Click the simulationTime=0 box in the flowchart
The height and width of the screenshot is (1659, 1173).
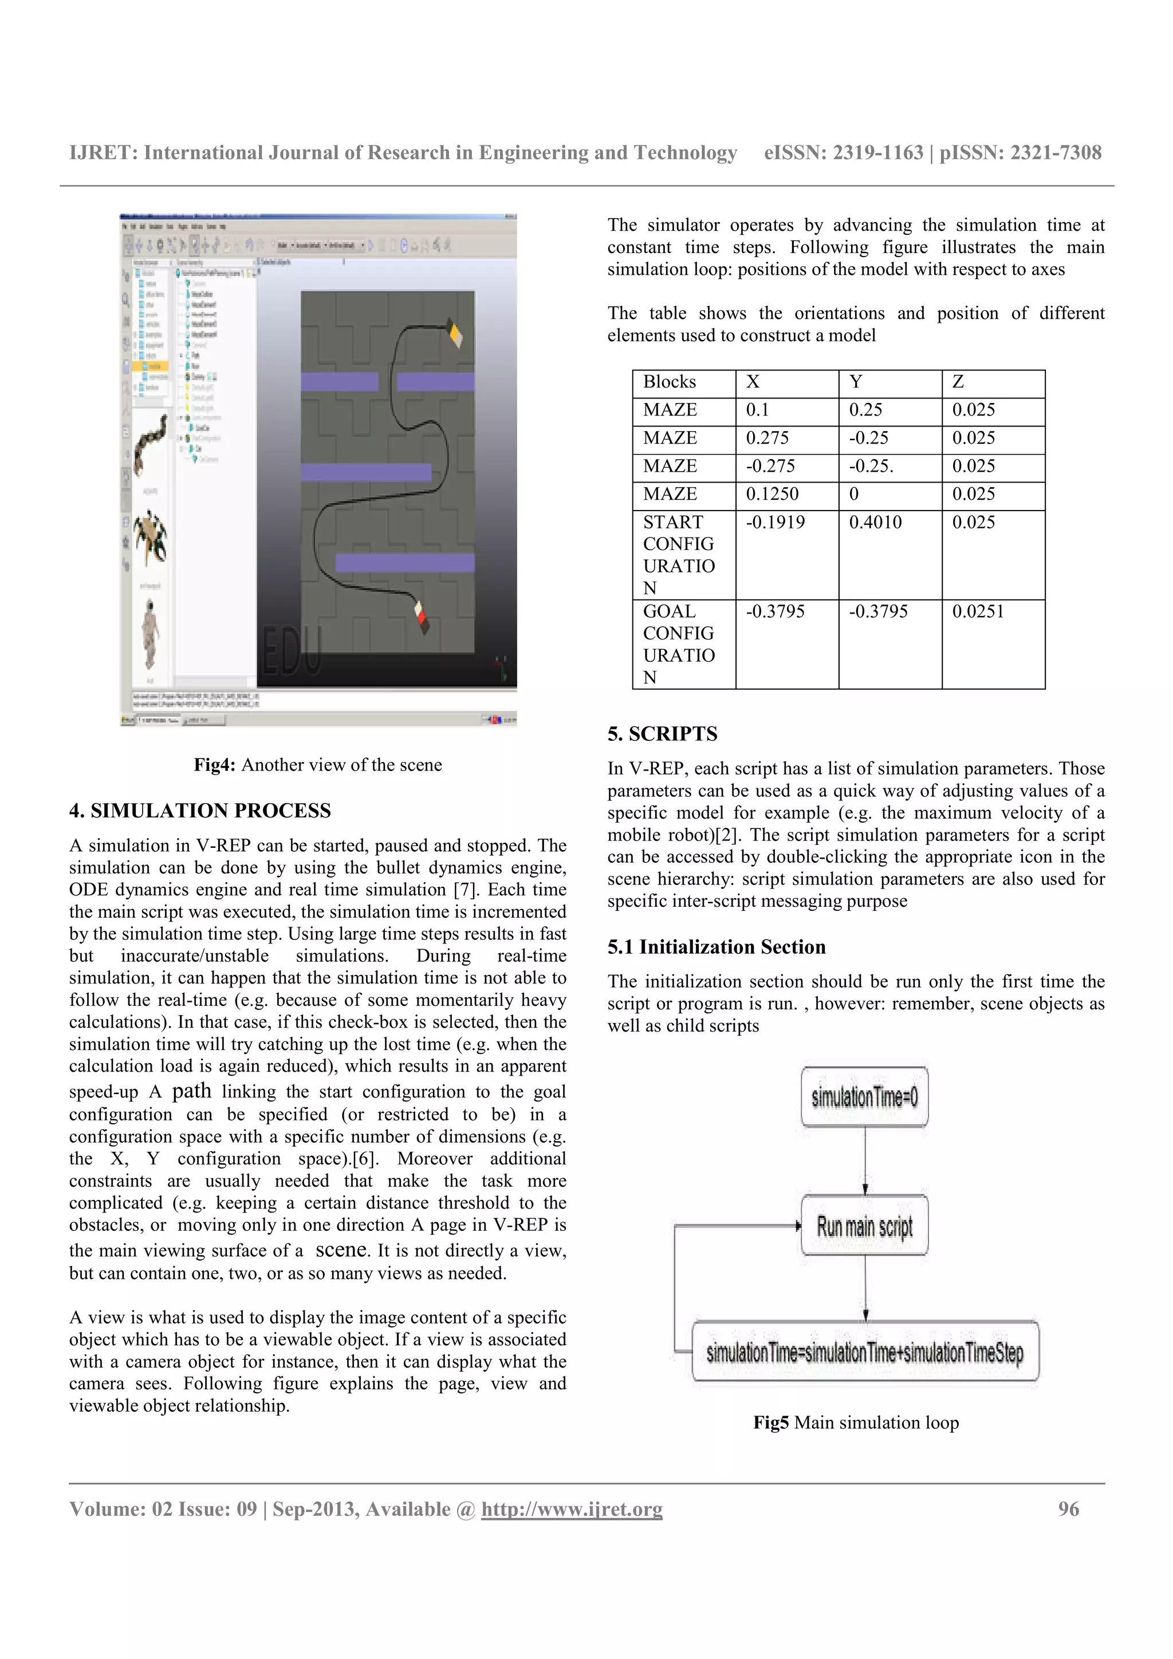tap(864, 1097)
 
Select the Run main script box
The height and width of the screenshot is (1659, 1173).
tap(864, 1226)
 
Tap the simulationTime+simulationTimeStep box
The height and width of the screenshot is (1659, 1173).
tap(864, 1351)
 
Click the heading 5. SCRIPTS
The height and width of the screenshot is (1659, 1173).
tap(662, 733)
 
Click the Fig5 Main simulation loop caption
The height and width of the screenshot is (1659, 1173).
tap(856, 1422)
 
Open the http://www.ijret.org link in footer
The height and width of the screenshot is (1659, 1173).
tap(572, 1508)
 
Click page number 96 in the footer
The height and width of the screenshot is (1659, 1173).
tap(1068, 1508)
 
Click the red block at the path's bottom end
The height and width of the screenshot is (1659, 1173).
tap(420, 617)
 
